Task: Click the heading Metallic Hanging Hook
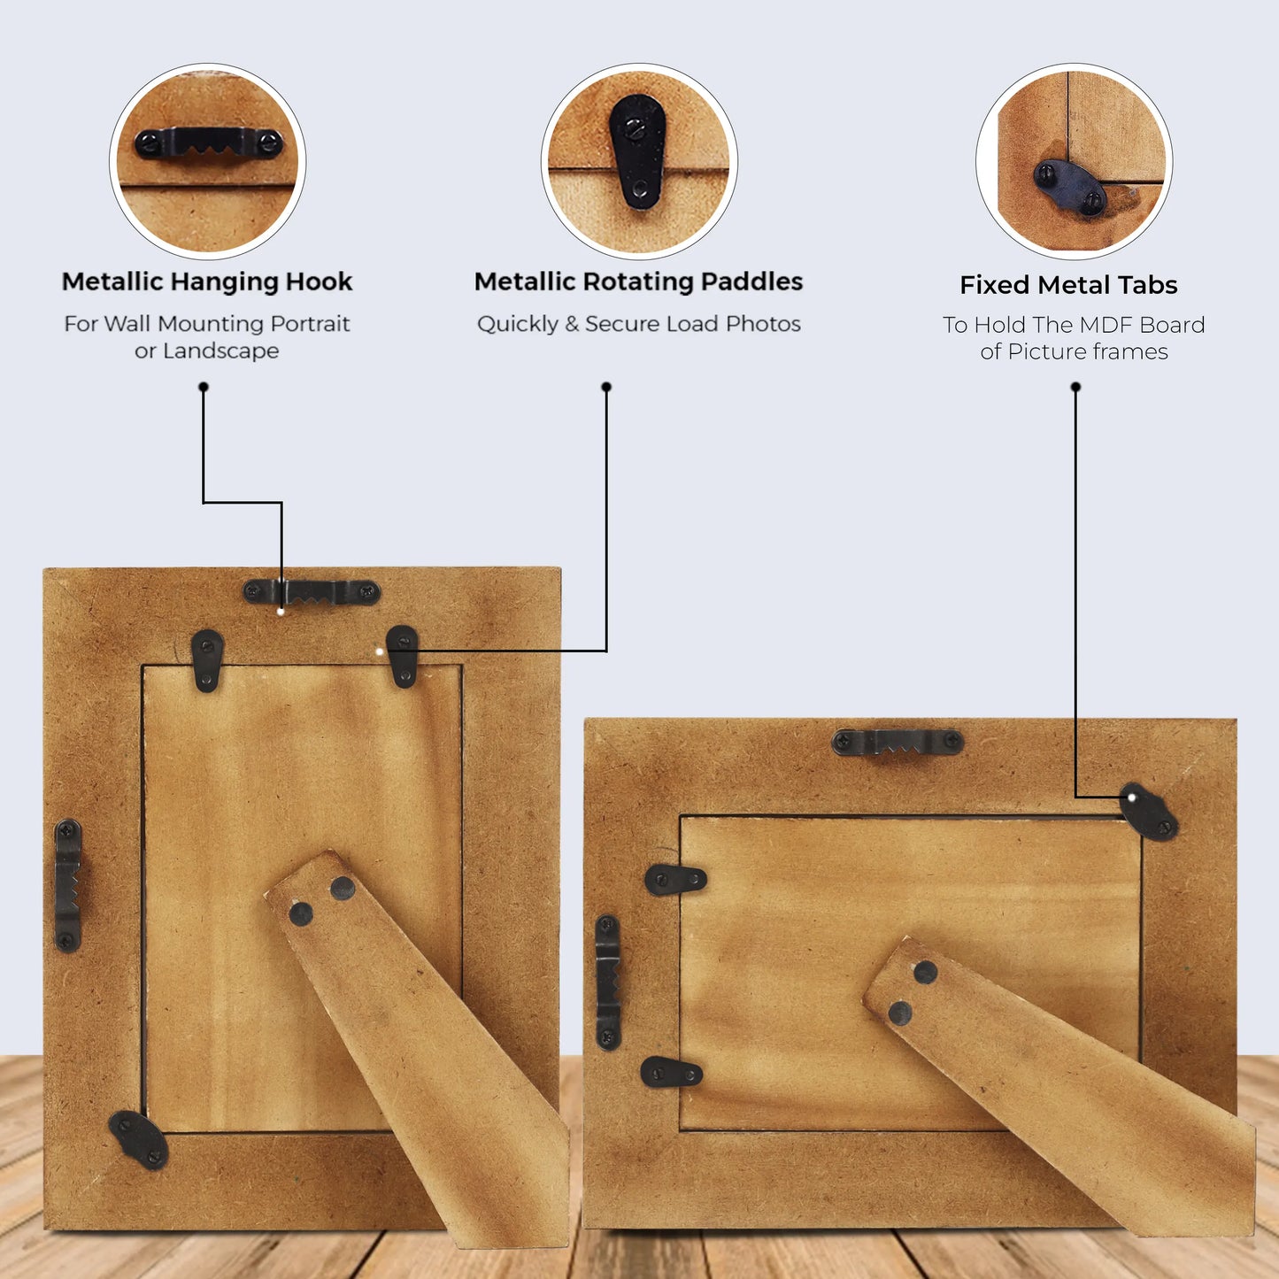tap(206, 282)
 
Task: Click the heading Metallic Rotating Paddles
tap(638, 281)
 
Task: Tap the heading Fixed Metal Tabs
tap(1068, 285)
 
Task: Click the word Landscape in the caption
tap(221, 351)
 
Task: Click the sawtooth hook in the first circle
tap(208, 143)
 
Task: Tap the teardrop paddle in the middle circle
tap(636, 152)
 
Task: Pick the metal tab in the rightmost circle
tap(1070, 189)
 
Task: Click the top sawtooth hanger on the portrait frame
tap(312, 592)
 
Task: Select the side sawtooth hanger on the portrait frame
tap(67, 885)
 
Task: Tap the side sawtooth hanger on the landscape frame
tap(607, 983)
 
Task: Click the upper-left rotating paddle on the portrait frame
tap(207, 660)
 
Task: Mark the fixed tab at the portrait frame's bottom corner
tap(139, 1140)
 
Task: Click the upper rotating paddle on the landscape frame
tap(675, 880)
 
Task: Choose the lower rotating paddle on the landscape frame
tap(671, 1072)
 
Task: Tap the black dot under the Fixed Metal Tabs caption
tap(1075, 387)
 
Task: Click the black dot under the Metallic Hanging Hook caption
tap(204, 387)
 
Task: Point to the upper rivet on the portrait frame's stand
tap(343, 888)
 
